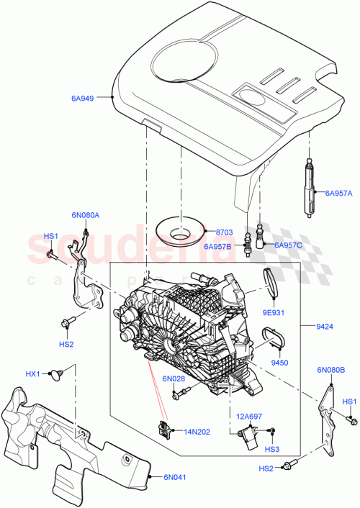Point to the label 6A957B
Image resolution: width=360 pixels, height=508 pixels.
[218, 247]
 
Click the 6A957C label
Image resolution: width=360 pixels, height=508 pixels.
[289, 245]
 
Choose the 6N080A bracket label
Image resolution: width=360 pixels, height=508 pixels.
[86, 214]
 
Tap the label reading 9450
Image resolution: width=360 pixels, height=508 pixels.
[281, 363]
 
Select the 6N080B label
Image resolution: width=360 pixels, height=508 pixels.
[330, 371]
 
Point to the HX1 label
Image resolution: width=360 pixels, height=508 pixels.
[32, 373]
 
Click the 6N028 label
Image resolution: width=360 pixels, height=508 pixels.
[174, 378]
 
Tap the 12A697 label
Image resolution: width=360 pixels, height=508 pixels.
[243, 415]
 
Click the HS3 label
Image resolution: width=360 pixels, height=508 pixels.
[271, 450]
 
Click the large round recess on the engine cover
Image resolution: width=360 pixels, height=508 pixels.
[182, 57]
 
